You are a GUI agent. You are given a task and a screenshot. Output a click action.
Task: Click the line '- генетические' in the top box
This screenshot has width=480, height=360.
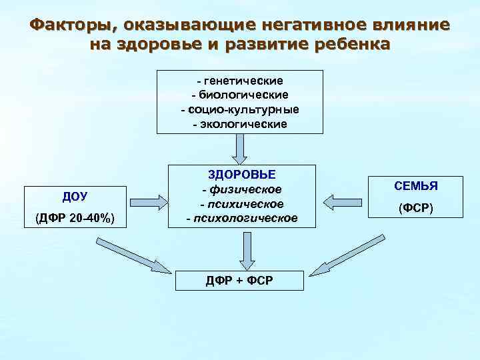[x=239, y=81]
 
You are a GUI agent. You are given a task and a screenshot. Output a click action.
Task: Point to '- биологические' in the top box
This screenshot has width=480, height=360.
[x=239, y=95]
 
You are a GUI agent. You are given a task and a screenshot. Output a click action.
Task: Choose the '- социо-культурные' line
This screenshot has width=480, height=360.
[x=239, y=109]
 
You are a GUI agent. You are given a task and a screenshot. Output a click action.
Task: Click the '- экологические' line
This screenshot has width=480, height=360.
[x=239, y=123]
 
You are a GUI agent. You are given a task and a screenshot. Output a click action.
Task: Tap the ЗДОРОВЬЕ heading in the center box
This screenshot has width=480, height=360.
[x=242, y=175]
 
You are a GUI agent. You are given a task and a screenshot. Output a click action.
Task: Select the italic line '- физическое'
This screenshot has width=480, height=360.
[x=242, y=190]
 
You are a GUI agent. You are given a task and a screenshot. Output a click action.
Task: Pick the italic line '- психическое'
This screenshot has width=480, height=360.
[x=242, y=204]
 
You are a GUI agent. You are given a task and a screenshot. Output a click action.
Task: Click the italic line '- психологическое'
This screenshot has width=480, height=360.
[x=242, y=218]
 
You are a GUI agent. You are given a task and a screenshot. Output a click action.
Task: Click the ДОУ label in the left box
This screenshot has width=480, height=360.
[x=75, y=196]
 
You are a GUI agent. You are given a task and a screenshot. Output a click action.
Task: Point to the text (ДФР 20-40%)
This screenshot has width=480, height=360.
[x=75, y=218]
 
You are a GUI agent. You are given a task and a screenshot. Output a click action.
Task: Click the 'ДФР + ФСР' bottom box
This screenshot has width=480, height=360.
[x=238, y=280]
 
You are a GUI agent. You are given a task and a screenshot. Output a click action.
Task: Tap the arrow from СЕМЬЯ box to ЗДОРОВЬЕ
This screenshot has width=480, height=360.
[x=339, y=200]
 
